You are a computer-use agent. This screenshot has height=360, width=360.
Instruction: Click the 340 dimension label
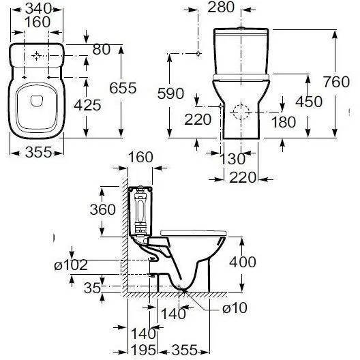[x=38, y=9]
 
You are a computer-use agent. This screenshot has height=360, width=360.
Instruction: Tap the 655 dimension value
[x=123, y=88]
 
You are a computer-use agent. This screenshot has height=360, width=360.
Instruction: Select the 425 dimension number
[x=87, y=106]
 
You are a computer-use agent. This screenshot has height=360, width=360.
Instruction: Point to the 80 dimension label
[x=101, y=49]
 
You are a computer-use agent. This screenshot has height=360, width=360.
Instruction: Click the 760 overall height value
[x=337, y=82]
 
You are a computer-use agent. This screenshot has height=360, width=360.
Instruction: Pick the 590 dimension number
[x=170, y=93]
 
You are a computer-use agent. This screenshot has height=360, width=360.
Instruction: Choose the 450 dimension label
[x=309, y=102]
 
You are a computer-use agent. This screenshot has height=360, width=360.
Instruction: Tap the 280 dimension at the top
[x=221, y=7]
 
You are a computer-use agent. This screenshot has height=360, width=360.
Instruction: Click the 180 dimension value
[x=284, y=122]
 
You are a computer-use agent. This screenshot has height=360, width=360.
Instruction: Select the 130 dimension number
[x=232, y=159]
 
